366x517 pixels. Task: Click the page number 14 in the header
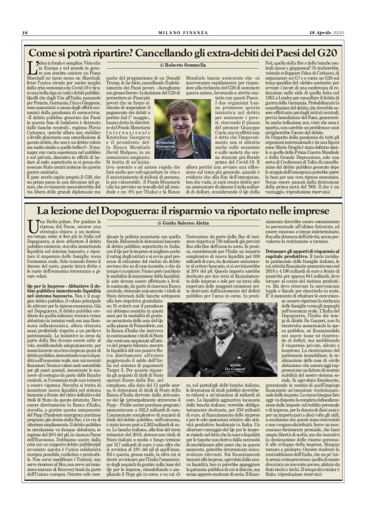click(25, 32)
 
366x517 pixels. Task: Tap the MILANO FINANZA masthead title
click(183, 32)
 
